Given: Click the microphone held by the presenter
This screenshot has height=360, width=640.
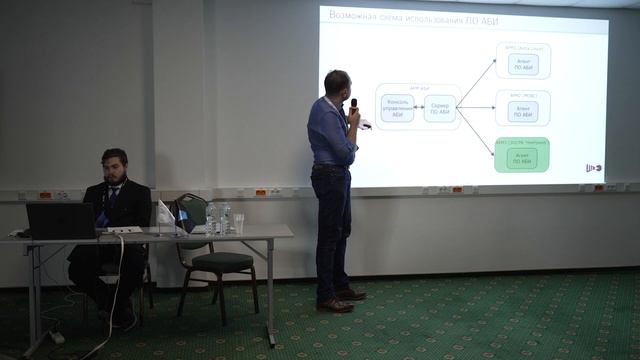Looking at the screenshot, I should coord(353,105).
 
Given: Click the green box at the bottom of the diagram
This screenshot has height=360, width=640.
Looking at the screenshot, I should coord(522,155).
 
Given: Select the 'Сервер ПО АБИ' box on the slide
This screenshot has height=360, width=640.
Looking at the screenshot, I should coord(439,107).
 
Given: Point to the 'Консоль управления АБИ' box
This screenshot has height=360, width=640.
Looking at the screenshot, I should coord(397,107).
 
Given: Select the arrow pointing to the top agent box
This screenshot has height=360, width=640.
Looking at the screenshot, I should coord(477,79).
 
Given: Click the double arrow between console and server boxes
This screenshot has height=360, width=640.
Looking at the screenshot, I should coord(418,107).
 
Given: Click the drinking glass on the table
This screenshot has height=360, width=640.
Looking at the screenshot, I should coord(238,223).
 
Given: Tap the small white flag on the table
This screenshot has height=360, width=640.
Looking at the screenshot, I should coord(165,213).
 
